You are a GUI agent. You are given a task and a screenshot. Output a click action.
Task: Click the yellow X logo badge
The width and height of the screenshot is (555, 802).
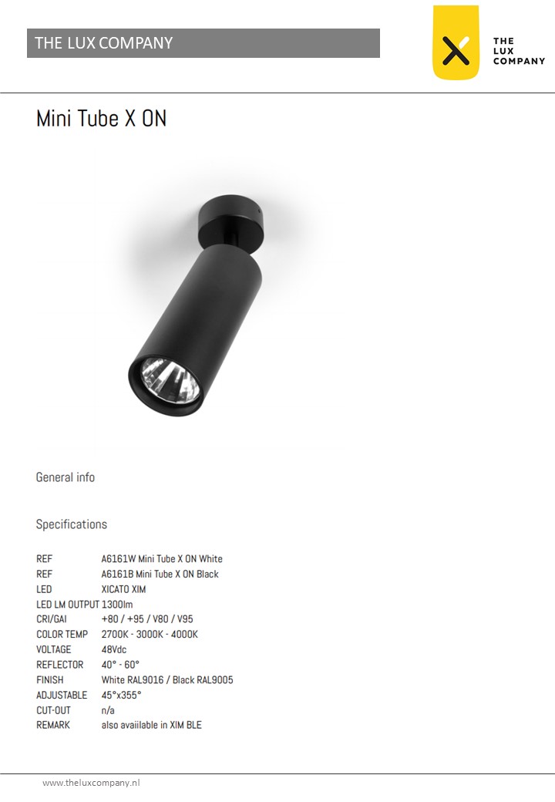tap(456, 42)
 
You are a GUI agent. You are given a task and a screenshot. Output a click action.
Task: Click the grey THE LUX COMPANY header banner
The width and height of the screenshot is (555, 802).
tap(203, 43)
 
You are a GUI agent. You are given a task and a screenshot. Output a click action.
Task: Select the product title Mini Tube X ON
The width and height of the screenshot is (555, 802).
tap(101, 118)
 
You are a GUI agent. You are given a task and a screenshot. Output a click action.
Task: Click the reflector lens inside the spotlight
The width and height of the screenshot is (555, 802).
tap(170, 379)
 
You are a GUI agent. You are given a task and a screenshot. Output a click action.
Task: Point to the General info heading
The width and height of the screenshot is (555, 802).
tap(66, 477)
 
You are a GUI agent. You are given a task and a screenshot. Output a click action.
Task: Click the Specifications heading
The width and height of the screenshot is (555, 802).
tap(72, 524)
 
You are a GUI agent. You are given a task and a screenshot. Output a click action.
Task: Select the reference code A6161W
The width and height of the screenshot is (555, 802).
tap(119, 558)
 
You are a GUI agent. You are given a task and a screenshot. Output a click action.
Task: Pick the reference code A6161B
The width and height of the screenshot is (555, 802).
tap(117, 574)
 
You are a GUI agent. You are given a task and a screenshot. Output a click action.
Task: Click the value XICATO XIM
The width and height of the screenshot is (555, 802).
tap(123, 589)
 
